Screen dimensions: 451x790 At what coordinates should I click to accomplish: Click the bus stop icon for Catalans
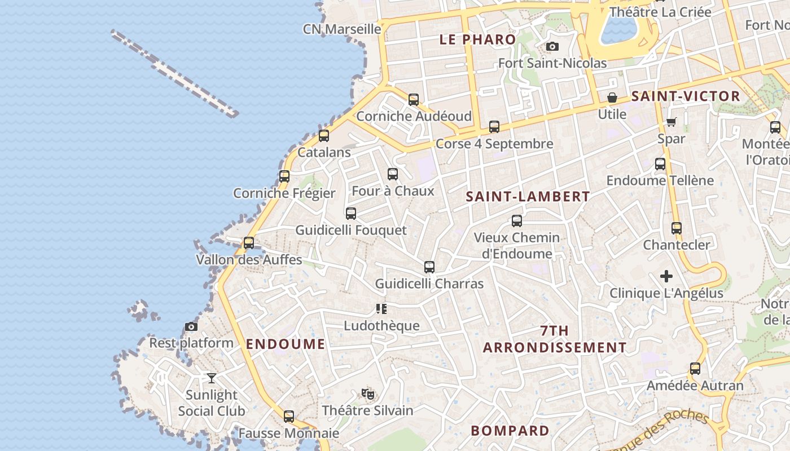323,135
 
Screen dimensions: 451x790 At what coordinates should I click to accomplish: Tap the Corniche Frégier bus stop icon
284,176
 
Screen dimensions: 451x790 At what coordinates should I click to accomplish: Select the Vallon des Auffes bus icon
248,243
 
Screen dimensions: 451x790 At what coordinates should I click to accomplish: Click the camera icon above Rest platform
191,326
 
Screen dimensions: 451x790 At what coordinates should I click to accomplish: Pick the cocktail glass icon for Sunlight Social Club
212,378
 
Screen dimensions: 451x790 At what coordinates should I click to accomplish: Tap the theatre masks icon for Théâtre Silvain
368,393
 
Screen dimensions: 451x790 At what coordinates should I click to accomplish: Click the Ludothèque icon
381,308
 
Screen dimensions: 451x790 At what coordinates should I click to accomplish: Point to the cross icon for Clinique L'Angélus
666,276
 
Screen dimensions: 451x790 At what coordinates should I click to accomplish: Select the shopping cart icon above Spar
671,122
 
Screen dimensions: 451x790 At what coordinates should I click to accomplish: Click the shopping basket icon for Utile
612,98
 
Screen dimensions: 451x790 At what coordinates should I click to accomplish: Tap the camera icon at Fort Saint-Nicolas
552,46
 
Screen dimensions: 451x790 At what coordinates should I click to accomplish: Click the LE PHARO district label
477,39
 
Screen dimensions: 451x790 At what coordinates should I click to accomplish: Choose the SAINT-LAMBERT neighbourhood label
528,197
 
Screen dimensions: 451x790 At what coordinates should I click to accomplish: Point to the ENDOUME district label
286,344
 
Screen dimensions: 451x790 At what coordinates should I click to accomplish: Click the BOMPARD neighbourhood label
510,431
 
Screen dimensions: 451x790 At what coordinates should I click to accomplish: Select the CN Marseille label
342,29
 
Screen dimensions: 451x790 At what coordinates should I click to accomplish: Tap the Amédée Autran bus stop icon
695,369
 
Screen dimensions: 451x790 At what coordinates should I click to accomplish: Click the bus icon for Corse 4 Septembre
494,126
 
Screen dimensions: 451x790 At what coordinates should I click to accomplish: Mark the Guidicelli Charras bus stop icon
429,267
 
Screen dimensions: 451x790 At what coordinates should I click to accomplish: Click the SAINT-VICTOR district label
686,96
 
